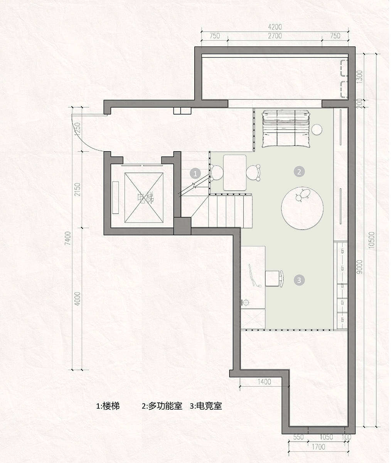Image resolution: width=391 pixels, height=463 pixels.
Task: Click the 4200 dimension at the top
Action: pyautogui.click(x=275, y=27)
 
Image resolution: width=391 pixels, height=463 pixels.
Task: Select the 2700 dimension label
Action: pyautogui.click(x=275, y=36)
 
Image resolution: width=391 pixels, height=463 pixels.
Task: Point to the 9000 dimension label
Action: pyautogui.click(x=360, y=267)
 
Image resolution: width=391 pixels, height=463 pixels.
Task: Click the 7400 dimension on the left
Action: pyautogui.click(x=67, y=238)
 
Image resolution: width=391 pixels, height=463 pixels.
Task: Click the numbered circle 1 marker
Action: pyautogui.click(x=195, y=173)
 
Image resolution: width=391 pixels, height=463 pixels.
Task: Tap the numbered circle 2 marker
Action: pyautogui.click(x=299, y=172)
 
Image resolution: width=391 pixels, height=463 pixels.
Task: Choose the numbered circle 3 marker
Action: pyautogui.click(x=299, y=280)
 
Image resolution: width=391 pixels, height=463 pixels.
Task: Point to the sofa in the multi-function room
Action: pyautogui.click(x=286, y=128)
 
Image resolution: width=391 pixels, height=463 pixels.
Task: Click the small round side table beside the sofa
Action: pyautogui.click(x=317, y=130)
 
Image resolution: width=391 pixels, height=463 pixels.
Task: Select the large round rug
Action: pyautogui.click(x=302, y=208)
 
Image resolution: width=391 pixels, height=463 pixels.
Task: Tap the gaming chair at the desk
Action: pyautogui.click(x=275, y=278)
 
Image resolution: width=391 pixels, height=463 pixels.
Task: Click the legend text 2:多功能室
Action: pyautogui.click(x=162, y=406)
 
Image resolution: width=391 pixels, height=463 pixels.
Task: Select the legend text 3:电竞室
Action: pyautogui.click(x=206, y=406)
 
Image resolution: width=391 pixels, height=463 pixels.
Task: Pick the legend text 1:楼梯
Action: pyautogui.click(x=108, y=406)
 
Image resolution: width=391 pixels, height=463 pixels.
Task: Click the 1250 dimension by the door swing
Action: pyautogui.click(x=78, y=129)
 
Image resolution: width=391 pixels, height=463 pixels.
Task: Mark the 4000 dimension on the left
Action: pyautogui.click(x=78, y=299)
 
